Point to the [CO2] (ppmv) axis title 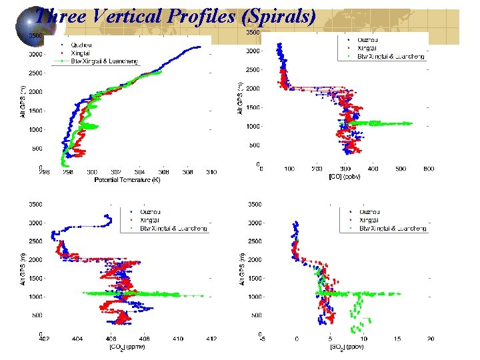[127, 347]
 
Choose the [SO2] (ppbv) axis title [346, 347]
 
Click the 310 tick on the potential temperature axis [211, 172]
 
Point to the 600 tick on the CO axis [429, 169]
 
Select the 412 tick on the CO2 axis [211, 339]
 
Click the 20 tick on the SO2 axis [431, 339]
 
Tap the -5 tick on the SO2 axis [262, 339]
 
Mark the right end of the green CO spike [412, 123]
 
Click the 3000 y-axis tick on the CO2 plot [33, 223]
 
